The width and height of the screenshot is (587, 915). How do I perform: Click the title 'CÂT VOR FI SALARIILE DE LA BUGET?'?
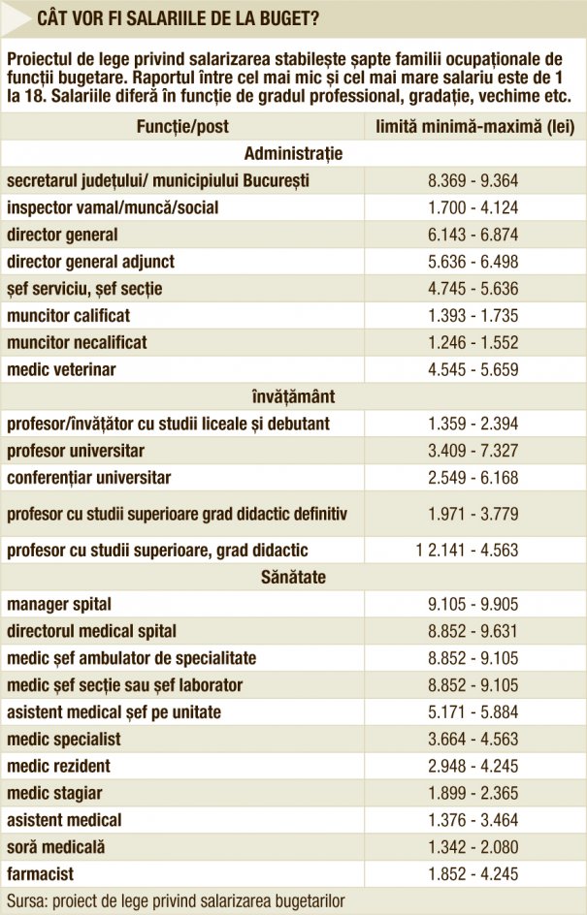pos(179,18)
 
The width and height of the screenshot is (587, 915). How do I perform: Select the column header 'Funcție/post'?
pos(182,127)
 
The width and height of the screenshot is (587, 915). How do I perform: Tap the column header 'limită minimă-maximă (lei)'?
pos(474,127)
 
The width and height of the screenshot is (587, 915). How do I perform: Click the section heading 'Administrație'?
pos(293,154)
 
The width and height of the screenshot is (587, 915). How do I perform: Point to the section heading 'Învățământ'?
pos(293,396)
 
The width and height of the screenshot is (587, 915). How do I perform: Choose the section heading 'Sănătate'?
pos(293,577)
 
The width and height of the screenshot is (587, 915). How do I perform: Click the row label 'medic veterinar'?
pos(61,369)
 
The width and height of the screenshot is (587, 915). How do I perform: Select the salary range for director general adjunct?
pos(473,262)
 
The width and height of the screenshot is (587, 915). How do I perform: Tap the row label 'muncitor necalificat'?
pos(77,342)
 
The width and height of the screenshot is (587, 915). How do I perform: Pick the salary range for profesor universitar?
pos(473,451)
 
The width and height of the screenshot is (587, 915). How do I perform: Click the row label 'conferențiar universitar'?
pos(89,478)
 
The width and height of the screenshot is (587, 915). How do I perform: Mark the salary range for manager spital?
pos(473,604)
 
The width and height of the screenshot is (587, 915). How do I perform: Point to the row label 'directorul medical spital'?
pos(92,631)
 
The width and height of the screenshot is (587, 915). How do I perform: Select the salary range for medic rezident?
pos(473,766)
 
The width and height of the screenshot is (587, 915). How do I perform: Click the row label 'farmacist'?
pos(41,874)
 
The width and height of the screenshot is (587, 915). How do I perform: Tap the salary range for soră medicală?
pos(473,847)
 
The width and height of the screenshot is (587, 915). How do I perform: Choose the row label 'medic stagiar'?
pos(54,794)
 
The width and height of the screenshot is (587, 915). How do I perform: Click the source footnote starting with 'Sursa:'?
pos(176,901)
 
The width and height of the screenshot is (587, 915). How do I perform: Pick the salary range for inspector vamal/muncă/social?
pos(473,207)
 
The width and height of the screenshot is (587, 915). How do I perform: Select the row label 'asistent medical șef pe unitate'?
pos(114,712)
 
